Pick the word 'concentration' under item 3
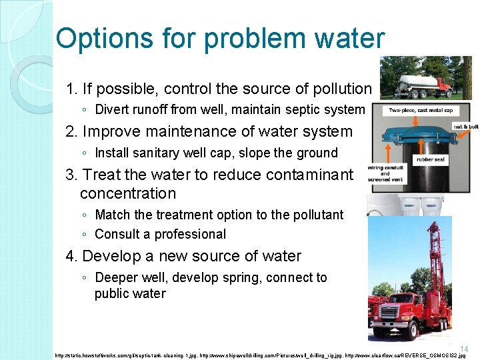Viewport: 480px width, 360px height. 128,194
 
